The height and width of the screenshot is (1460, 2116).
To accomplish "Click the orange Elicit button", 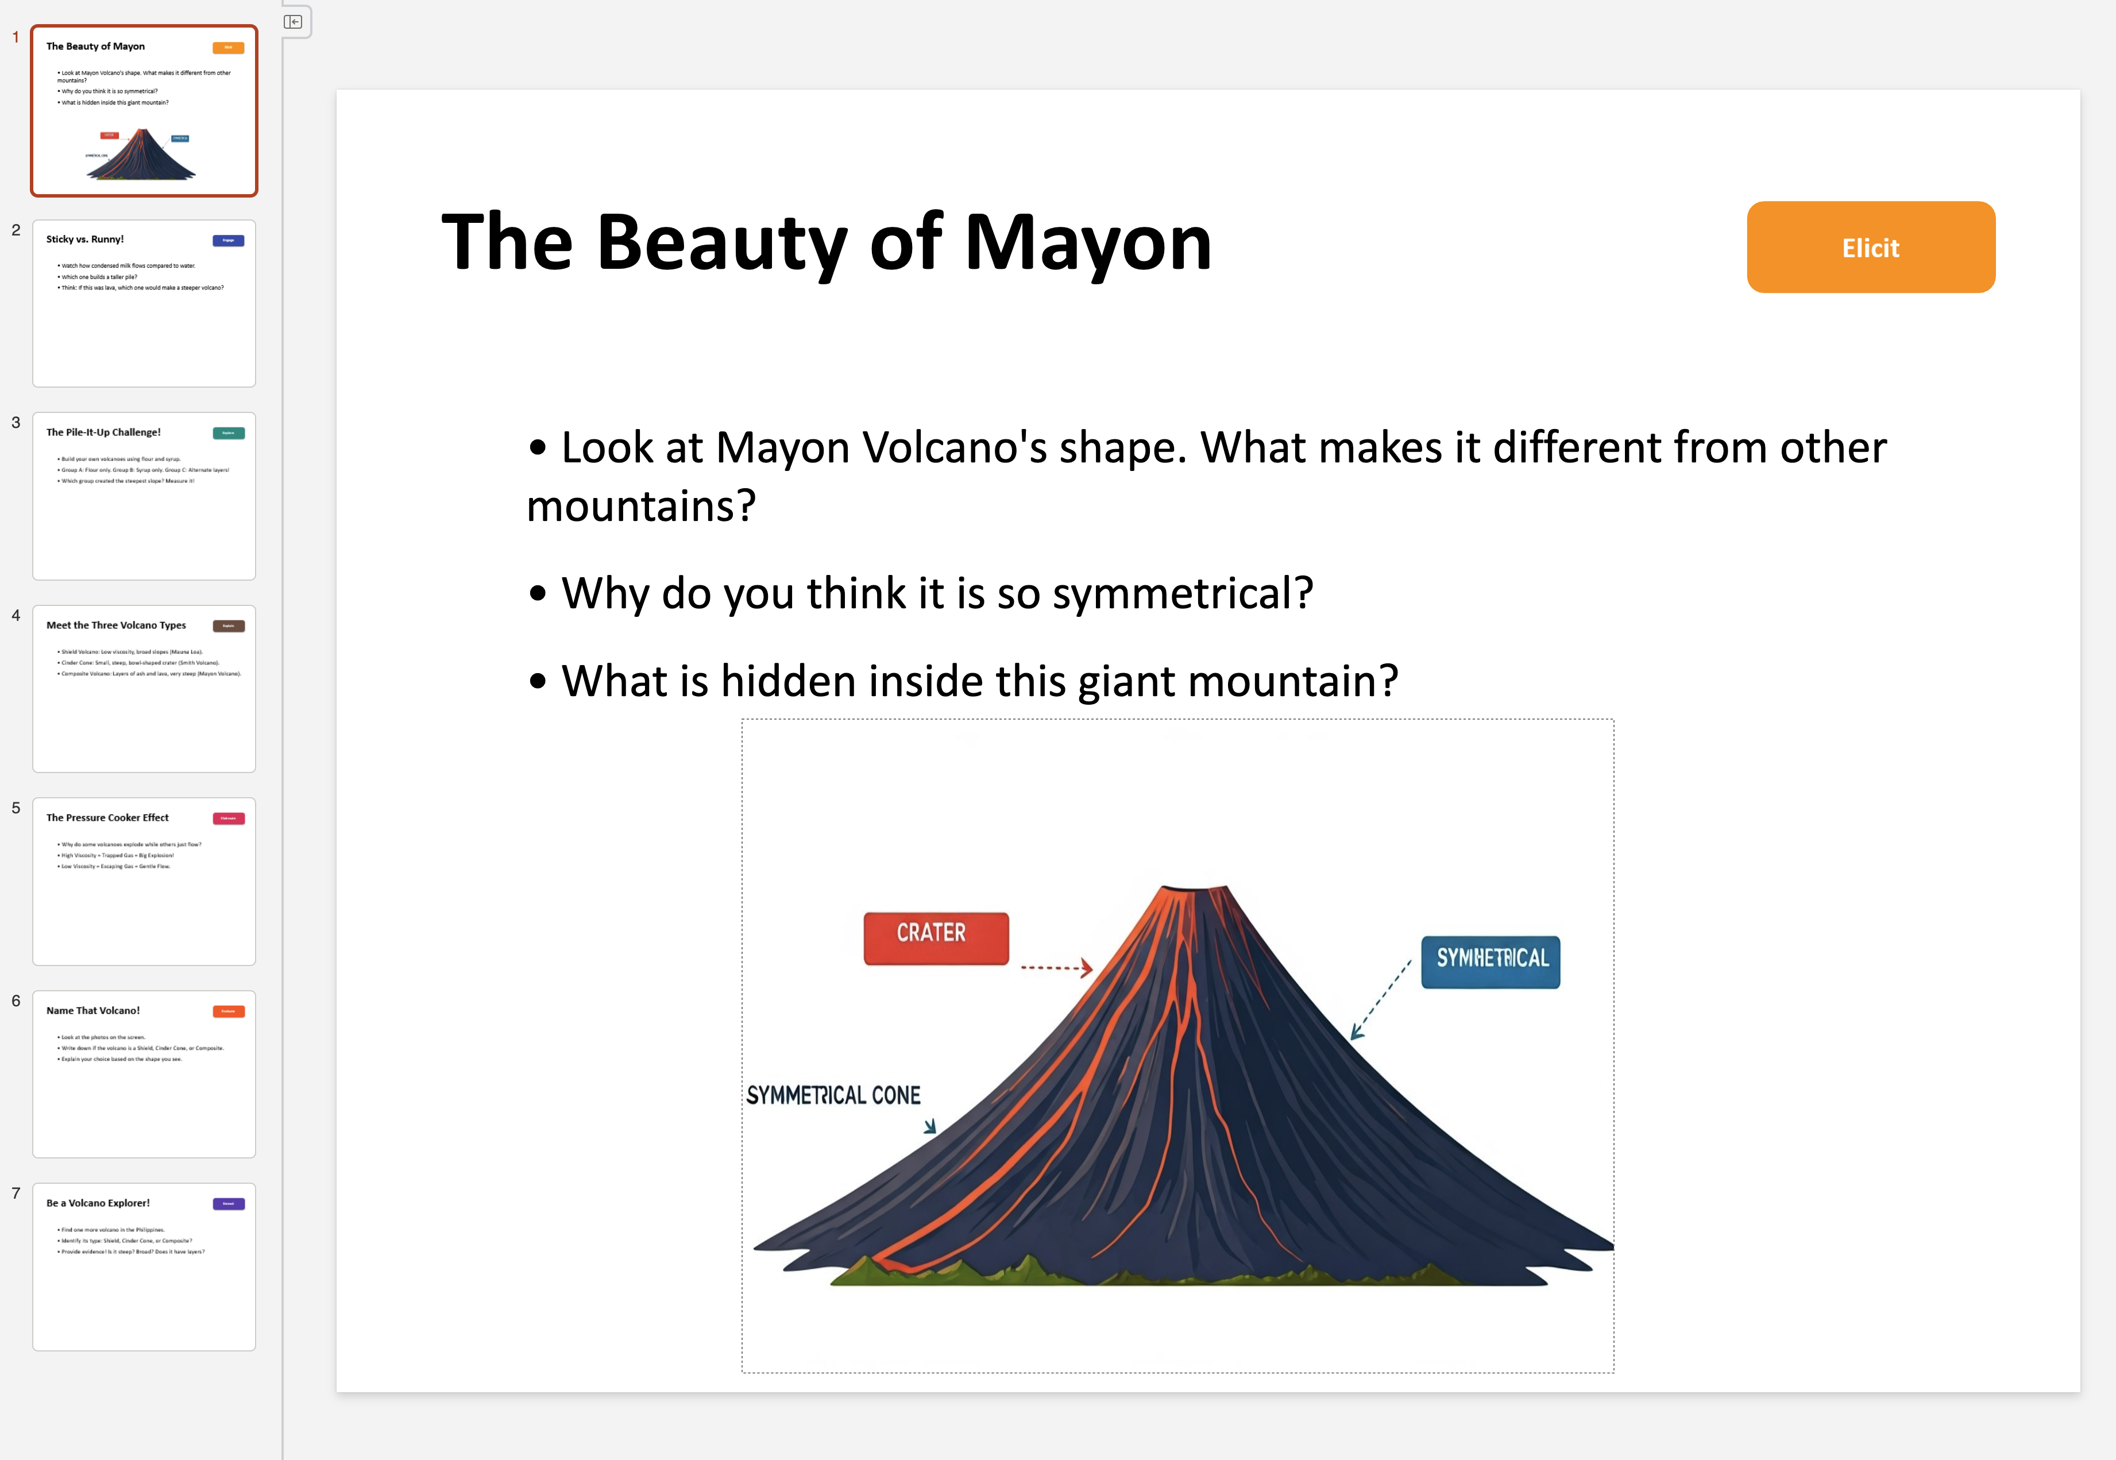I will click(1870, 248).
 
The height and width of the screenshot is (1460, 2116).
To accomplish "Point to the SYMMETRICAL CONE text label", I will click(832, 1095).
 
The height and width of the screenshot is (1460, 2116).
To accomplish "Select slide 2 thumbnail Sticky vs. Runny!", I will click(144, 303).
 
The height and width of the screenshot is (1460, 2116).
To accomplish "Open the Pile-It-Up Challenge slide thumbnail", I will click(144, 496).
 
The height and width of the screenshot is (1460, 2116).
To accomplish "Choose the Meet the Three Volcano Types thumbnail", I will click(144, 689).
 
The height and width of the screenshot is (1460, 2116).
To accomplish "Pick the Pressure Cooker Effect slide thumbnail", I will click(144, 881).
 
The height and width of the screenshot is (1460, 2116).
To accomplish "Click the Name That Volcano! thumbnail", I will click(144, 1074).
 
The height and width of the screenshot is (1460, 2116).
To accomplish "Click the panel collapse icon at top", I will click(293, 22).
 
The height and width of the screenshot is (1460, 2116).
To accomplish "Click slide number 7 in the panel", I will click(16, 1193).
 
